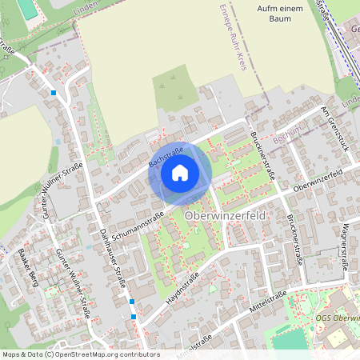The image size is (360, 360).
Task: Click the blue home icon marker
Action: point(180,173)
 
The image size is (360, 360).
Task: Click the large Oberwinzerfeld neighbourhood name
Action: point(224,216)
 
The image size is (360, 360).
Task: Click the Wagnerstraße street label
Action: point(345,246)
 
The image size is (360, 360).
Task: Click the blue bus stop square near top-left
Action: point(54,93)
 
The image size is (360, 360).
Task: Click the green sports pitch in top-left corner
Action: point(26,9)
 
